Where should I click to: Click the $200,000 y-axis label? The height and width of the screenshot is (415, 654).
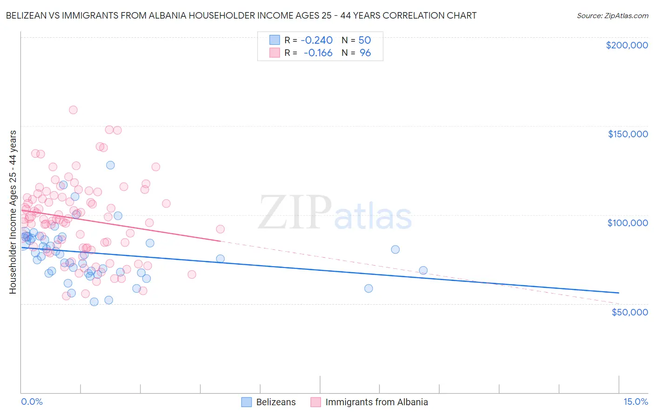pos(627,45)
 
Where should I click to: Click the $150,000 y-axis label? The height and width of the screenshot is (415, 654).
pos(627,134)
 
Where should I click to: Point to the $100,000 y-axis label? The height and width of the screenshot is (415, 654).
pos(627,223)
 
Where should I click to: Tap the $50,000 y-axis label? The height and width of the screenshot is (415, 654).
pos(629,312)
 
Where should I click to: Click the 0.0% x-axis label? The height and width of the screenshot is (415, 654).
pos(32,402)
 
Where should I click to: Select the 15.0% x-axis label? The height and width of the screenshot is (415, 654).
pos(635,402)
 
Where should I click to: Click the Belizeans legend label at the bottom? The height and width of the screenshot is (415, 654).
pos(276,402)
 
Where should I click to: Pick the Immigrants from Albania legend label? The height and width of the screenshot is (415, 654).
pos(376,402)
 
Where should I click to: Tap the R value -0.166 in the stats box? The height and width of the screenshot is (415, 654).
pos(318,53)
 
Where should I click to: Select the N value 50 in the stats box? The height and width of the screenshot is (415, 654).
pos(365,40)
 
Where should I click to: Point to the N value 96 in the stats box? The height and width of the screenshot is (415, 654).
pos(365,53)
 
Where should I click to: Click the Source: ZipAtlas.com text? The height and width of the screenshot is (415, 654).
pos(612,15)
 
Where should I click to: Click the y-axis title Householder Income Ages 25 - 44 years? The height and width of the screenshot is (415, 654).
pos(13,212)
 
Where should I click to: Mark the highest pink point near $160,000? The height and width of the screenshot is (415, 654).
pos(73,110)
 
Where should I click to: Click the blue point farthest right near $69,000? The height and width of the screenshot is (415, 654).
pos(423,270)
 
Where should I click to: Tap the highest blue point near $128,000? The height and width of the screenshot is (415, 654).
pos(110,165)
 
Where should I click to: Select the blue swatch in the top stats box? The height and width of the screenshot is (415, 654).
pos(275,40)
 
